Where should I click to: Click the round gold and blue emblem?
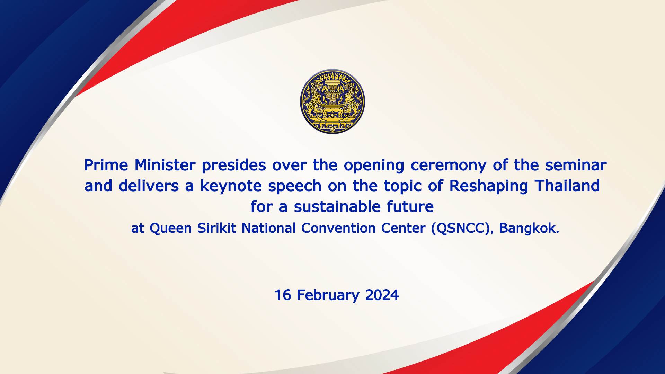(332, 101)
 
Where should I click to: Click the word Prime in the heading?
(106, 165)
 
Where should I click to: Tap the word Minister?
(165, 165)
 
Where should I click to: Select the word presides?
(234, 165)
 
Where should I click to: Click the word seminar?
(576, 165)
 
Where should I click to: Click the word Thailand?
(567, 186)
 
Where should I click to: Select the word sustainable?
(337, 207)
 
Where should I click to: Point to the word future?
(410, 207)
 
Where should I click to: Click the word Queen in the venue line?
(170, 229)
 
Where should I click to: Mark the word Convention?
(338, 228)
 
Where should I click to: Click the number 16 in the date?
(283, 295)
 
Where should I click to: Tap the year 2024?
(382, 295)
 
